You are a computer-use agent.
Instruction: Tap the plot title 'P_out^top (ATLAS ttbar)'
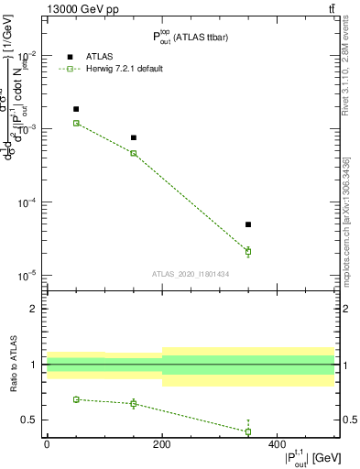pyautogui.click(x=191, y=38)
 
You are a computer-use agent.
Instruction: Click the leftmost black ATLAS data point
pyautogui.click(x=76, y=109)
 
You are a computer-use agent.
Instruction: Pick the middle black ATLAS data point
pyautogui.click(x=134, y=137)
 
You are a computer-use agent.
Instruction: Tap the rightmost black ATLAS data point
pyautogui.click(x=248, y=224)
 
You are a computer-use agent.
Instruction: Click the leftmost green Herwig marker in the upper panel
pyautogui.click(x=76, y=123)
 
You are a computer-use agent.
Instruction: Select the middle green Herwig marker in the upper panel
pyautogui.click(x=134, y=153)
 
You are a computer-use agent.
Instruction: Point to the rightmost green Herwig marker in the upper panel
pyautogui.click(x=248, y=251)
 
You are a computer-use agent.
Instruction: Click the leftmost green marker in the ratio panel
pyautogui.click(x=76, y=399)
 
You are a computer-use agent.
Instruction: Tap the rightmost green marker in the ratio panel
pyautogui.click(x=248, y=431)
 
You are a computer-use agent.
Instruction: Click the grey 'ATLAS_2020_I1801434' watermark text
pyautogui.click(x=191, y=274)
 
